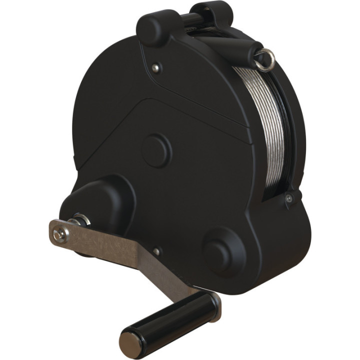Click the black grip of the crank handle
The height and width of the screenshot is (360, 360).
167,317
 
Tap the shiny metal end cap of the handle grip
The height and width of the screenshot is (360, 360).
128,342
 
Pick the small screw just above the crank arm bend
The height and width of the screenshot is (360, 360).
156,251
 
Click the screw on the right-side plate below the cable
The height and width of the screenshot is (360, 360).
288,198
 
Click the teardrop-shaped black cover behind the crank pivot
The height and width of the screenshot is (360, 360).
100,200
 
